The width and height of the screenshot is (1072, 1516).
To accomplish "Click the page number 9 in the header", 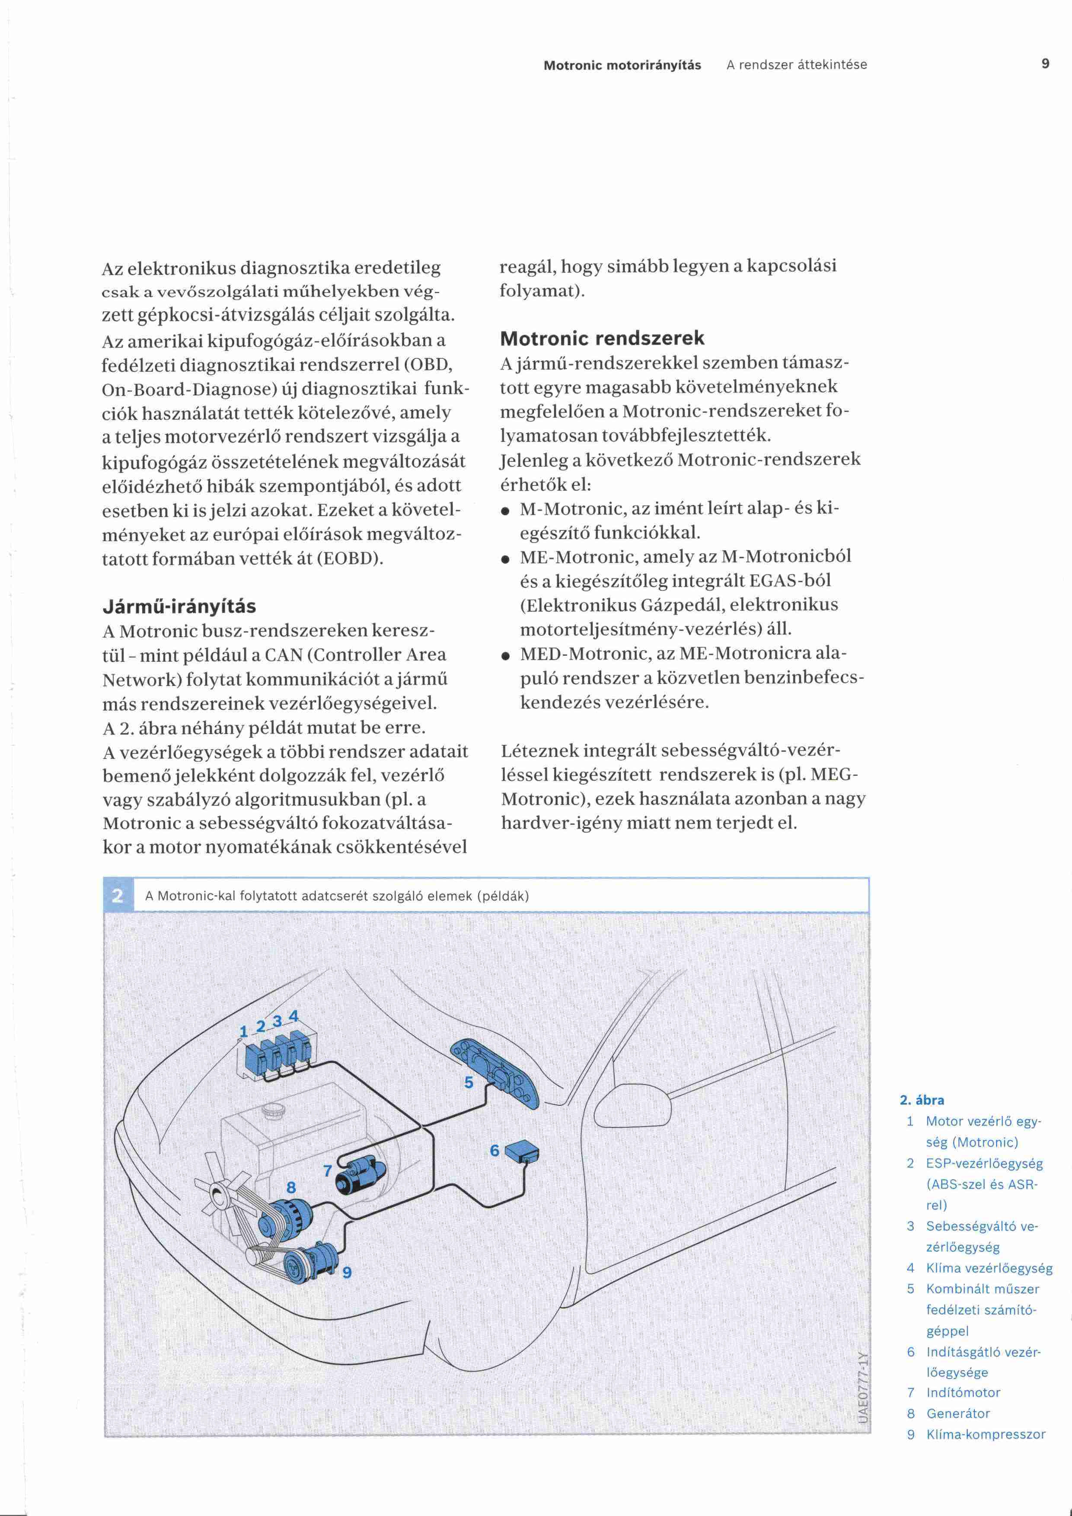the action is click(1045, 64).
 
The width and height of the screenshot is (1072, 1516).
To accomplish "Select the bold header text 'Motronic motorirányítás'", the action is click(622, 65).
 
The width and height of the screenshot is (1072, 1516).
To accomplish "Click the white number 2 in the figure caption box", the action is click(118, 896).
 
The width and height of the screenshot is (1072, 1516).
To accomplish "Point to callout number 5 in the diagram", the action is click(469, 1082).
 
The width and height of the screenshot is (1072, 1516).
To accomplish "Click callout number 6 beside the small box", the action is click(495, 1150).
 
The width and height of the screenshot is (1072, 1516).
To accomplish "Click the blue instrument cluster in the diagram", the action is click(495, 1074).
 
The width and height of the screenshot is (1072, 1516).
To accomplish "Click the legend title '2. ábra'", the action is click(922, 1101).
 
